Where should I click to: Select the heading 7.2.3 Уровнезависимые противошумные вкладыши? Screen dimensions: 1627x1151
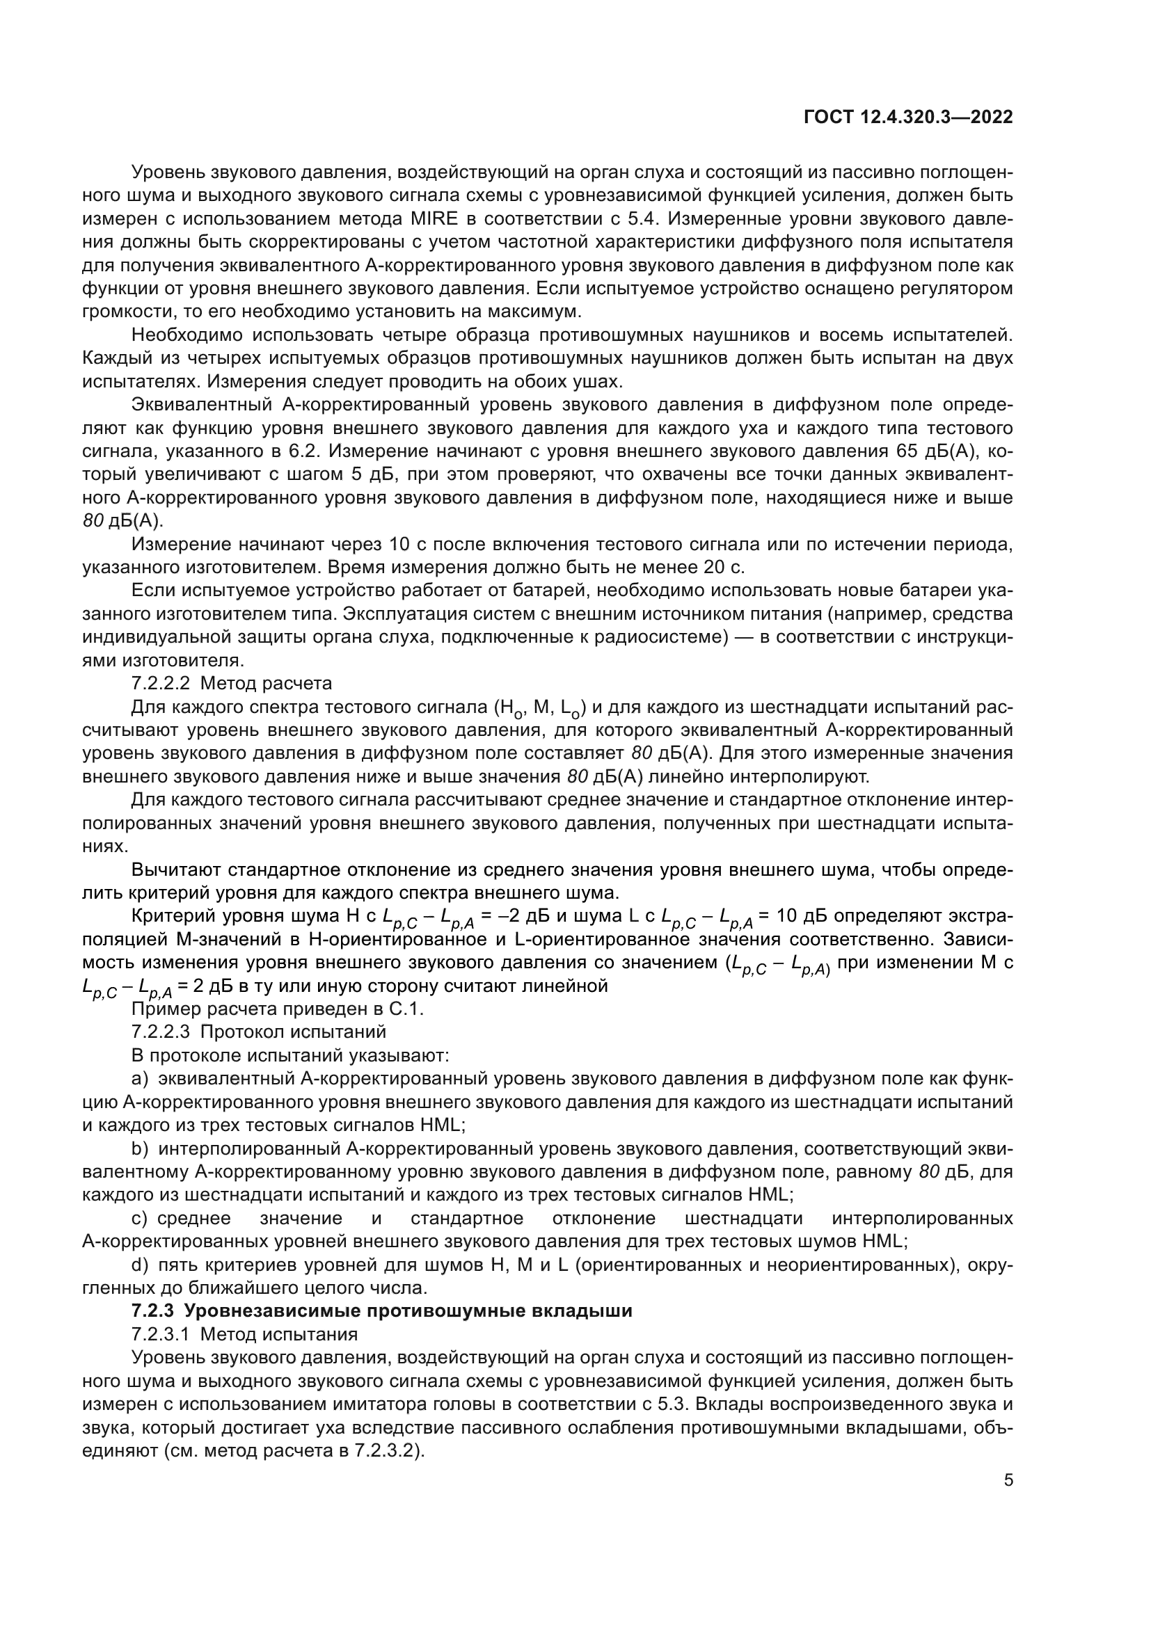pyautogui.click(x=382, y=1311)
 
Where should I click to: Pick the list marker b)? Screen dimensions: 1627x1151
pyautogui.click(x=140, y=1148)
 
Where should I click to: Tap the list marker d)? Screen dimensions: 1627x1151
pyautogui.click(x=140, y=1265)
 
